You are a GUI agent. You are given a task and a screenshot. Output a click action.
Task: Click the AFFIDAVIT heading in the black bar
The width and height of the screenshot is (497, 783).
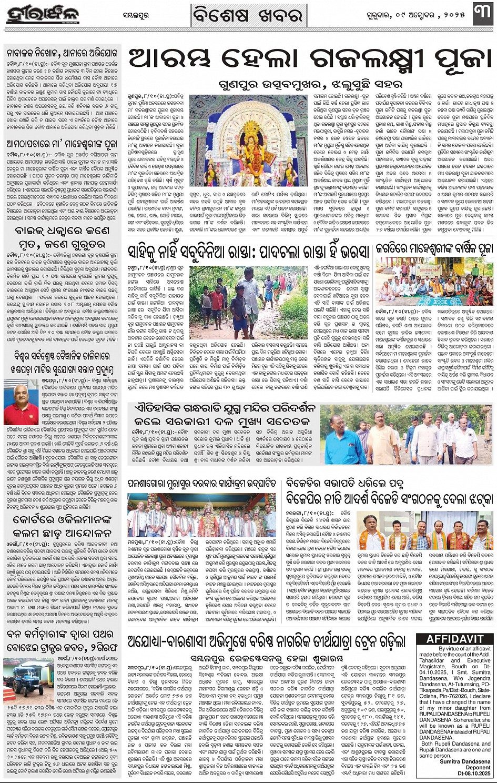coord(455,639)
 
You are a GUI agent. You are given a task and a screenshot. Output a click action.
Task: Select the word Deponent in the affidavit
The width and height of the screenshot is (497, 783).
coord(478,767)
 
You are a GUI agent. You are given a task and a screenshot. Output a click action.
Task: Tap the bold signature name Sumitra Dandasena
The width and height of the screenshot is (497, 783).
coord(465,761)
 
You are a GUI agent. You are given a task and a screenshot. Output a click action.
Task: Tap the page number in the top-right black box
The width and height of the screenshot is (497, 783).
coord(483,15)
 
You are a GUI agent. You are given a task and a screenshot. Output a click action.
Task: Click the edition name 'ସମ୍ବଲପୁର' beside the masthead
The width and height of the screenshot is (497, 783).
coord(135,16)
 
